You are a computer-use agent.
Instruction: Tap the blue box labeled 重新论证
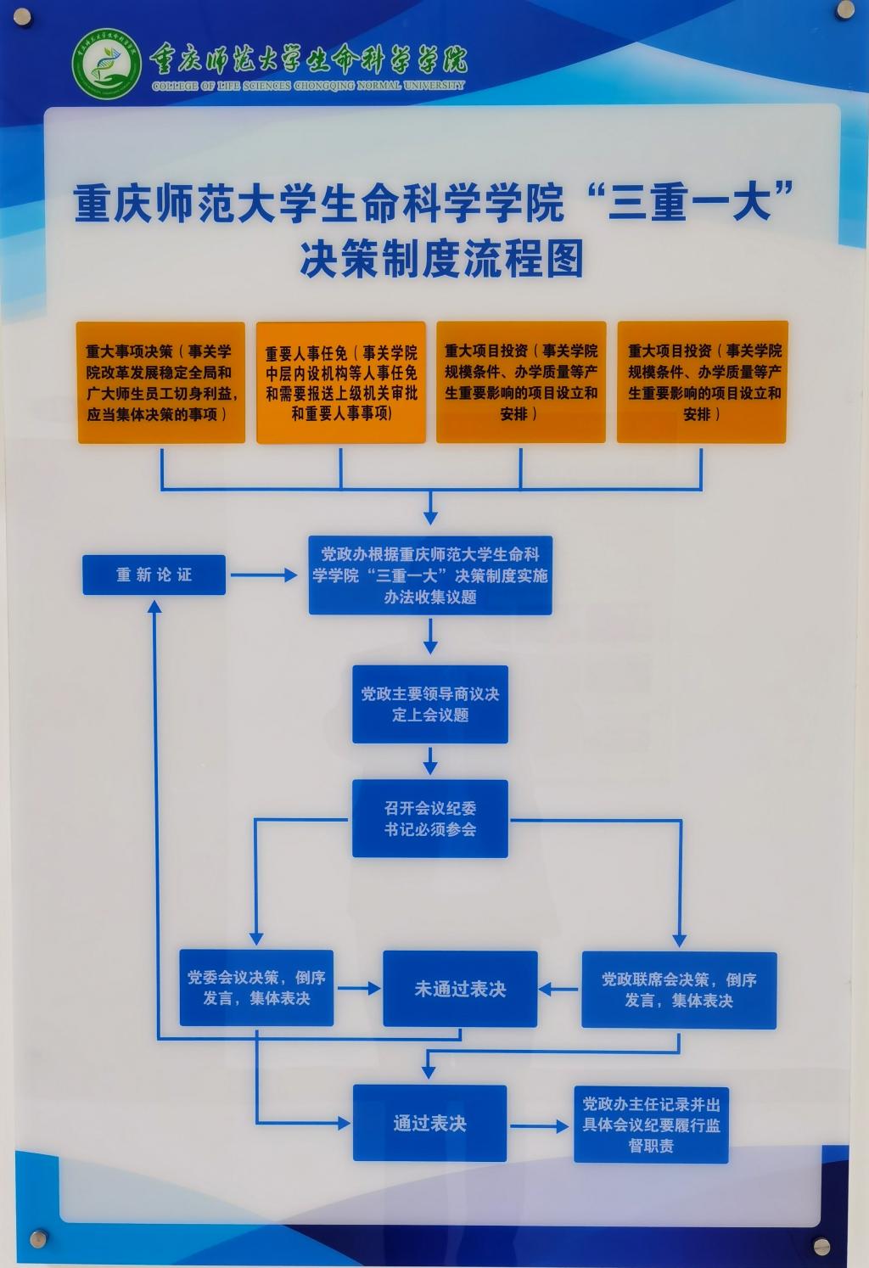coord(154,575)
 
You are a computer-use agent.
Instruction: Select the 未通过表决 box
coord(460,989)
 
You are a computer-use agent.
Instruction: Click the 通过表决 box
coord(429,1123)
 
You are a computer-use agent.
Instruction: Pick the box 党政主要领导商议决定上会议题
coord(430,704)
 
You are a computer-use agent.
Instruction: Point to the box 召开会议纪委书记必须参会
coord(430,818)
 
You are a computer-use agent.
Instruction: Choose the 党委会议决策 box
coord(256,988)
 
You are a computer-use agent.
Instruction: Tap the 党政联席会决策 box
coord(679,990)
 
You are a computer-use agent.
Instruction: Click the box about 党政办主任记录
coord(651,1125)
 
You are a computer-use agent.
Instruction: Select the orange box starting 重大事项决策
coord(161,382)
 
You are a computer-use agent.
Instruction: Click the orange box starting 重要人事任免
coord(341,382)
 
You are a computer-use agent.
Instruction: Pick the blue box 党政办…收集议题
coord(430,575)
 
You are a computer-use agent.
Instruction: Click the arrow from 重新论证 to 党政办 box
coord(265,575)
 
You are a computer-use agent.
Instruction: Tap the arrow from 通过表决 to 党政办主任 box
coord(540,1126)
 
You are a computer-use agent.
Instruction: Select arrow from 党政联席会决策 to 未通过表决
coord(558,989)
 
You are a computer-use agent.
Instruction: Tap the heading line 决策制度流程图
coord(441,259)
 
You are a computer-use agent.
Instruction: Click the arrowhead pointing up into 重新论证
coord(154,606)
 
